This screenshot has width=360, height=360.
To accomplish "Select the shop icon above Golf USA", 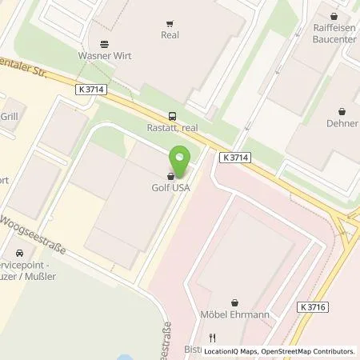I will click(170, 177).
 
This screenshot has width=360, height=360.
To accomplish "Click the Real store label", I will click(170, 35).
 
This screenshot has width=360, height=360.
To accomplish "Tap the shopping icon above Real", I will click(170, 24).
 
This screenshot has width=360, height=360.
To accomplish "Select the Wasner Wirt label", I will click(105, 56).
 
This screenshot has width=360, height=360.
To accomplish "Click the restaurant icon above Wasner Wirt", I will click(104, 44).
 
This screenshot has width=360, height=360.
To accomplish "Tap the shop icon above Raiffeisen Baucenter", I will click(333, 14).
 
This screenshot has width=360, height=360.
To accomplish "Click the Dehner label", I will click(342, 123).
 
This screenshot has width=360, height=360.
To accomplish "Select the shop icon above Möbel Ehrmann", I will click(234, 303).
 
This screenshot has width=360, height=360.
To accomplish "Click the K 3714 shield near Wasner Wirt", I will click(93, 90).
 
